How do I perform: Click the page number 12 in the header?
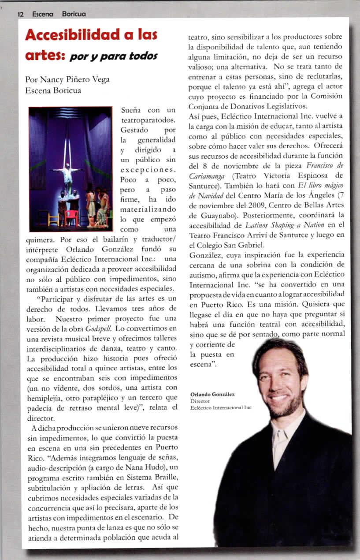coord(20,14)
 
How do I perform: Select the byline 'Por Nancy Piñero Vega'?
coord(67,80)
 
